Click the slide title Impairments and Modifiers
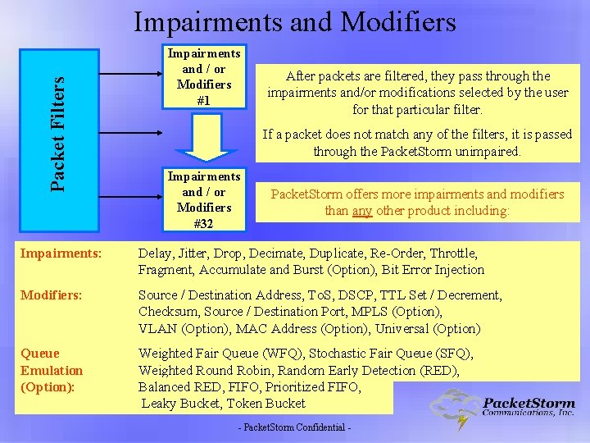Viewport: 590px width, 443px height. coord(294,22)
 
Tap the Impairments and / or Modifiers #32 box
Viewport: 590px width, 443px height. coord(203,199)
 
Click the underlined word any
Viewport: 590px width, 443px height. coord(361,211)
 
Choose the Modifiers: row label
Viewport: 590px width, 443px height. coord(51,295)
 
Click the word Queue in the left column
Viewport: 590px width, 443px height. coord(40,354)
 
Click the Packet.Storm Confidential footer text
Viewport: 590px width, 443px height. coord(294,429)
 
